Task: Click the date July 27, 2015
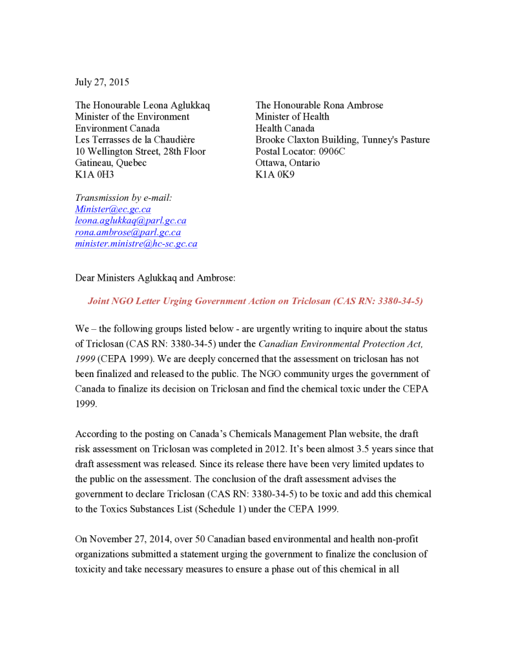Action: point(102,82)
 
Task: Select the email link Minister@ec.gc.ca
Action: point(112,209)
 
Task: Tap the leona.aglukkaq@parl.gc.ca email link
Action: point(130,221)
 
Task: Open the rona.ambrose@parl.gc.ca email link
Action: point(128,232)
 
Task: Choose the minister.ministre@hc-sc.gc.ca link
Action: point(136,244)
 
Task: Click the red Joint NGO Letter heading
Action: point(255,301)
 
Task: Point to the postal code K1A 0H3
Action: point(94,174)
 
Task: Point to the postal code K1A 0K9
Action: point(275,174)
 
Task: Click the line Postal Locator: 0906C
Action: point(300,151)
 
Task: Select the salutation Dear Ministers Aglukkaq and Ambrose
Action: point(155,278)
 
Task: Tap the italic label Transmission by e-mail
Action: point(123,198)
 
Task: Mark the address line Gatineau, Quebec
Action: point(110,163)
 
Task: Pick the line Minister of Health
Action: point(292,117)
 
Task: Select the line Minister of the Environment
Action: point(132,117)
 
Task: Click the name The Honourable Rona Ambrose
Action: point(319,105)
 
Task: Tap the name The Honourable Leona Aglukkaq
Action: point(142,105)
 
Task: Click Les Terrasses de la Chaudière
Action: point(135,139)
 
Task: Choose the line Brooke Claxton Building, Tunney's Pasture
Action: point(342,139)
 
